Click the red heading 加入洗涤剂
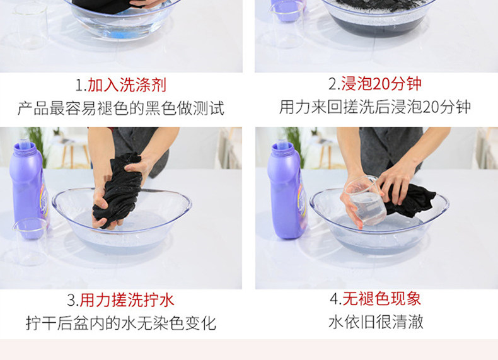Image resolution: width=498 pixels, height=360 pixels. pyautogui.click(x=127, y=85)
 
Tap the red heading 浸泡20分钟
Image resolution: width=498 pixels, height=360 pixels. pyautogui.click(x=381, y=84)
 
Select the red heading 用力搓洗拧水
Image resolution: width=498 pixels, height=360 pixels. pyautogui.click(x=127, y=300)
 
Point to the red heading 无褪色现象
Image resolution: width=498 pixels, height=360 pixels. pyautogui.click(x=382, y=299)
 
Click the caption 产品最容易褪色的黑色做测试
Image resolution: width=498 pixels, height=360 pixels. pyautogui.click(x=121, y=108)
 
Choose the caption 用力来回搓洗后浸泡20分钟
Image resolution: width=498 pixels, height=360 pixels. pyautogui.click(x=375, y=107)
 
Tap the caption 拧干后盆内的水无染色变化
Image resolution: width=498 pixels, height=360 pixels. pyautogui.click(x=121, y=323)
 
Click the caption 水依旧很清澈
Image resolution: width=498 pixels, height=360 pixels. pyautogui.click(x=376, y=322)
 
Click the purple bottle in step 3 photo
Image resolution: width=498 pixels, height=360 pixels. pyautogui.click(x=28, y=187)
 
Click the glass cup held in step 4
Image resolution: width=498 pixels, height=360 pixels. pyautogui.click(x=366, y=201)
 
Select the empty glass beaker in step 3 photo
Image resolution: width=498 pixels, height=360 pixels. pyautogui.click(x=30, y=241)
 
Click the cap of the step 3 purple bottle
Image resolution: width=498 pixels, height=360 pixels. pyautogui.click(x=24, y=146)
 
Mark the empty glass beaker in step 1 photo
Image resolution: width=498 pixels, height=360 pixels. pyautogui.click(x=31, y=25)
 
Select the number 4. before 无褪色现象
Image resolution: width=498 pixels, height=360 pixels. pyautogui.click(x=336, y=299)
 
